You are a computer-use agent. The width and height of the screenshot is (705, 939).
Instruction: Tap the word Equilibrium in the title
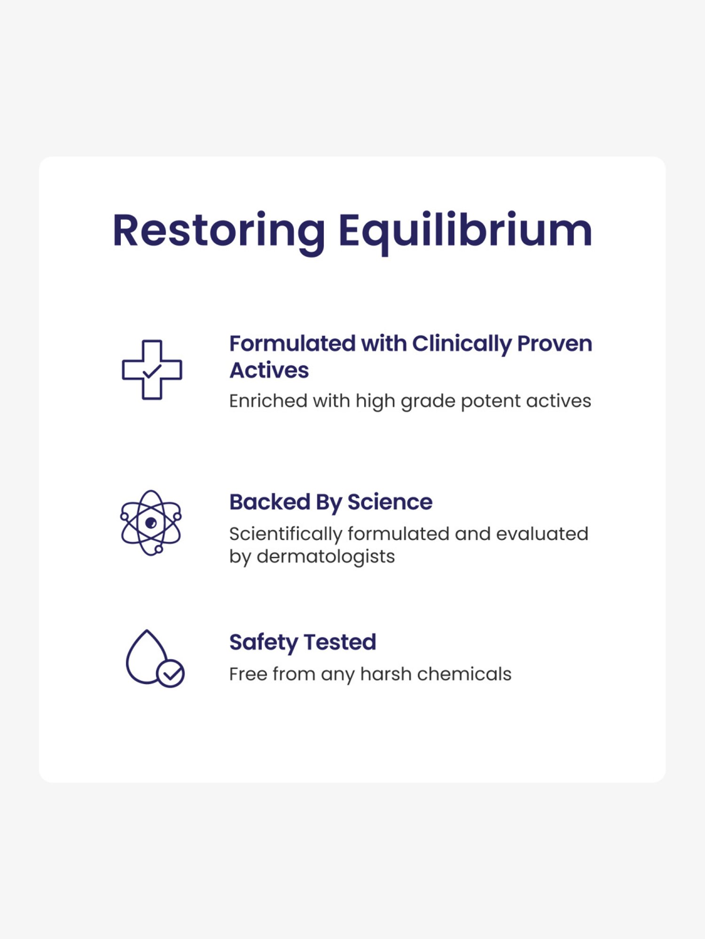click(x=465, y=231)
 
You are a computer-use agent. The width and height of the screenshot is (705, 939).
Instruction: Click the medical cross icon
click(x=152, y=370)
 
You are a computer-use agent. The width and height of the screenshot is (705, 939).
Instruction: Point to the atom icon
click(x=151, y=523)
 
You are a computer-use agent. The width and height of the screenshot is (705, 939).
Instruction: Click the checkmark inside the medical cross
click(x=152, y=371)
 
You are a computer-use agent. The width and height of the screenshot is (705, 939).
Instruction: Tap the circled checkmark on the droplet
click(x=170, y=674)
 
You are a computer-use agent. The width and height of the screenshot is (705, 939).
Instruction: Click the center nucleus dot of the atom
click(x=151, y=523)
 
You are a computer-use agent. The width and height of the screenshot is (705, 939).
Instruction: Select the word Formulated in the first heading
click(x=292, y=343)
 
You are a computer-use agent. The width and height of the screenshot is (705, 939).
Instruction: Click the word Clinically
click(x=461, y=344)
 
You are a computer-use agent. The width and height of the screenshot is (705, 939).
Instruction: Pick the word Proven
click(x=555, y=344)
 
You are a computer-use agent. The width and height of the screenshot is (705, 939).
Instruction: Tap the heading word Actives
click(x=269, y=370)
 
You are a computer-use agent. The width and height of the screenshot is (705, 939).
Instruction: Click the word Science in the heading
click(x=390, y=502)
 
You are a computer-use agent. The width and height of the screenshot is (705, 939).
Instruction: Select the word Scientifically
click(x=285, y=534)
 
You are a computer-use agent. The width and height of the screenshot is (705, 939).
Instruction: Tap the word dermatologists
click(x=326, y=557)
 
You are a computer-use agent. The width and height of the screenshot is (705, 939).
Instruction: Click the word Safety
click(x=264, y=642)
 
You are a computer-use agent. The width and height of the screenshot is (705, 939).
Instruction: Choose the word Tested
click(x=340, y=642)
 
